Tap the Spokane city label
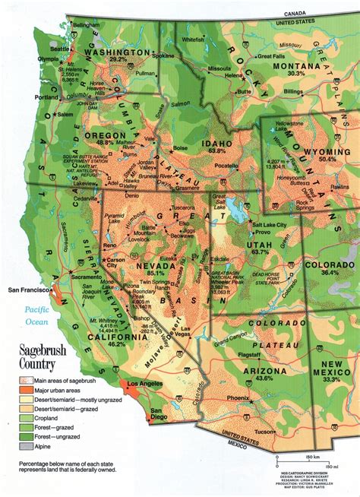tap(163, 57)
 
